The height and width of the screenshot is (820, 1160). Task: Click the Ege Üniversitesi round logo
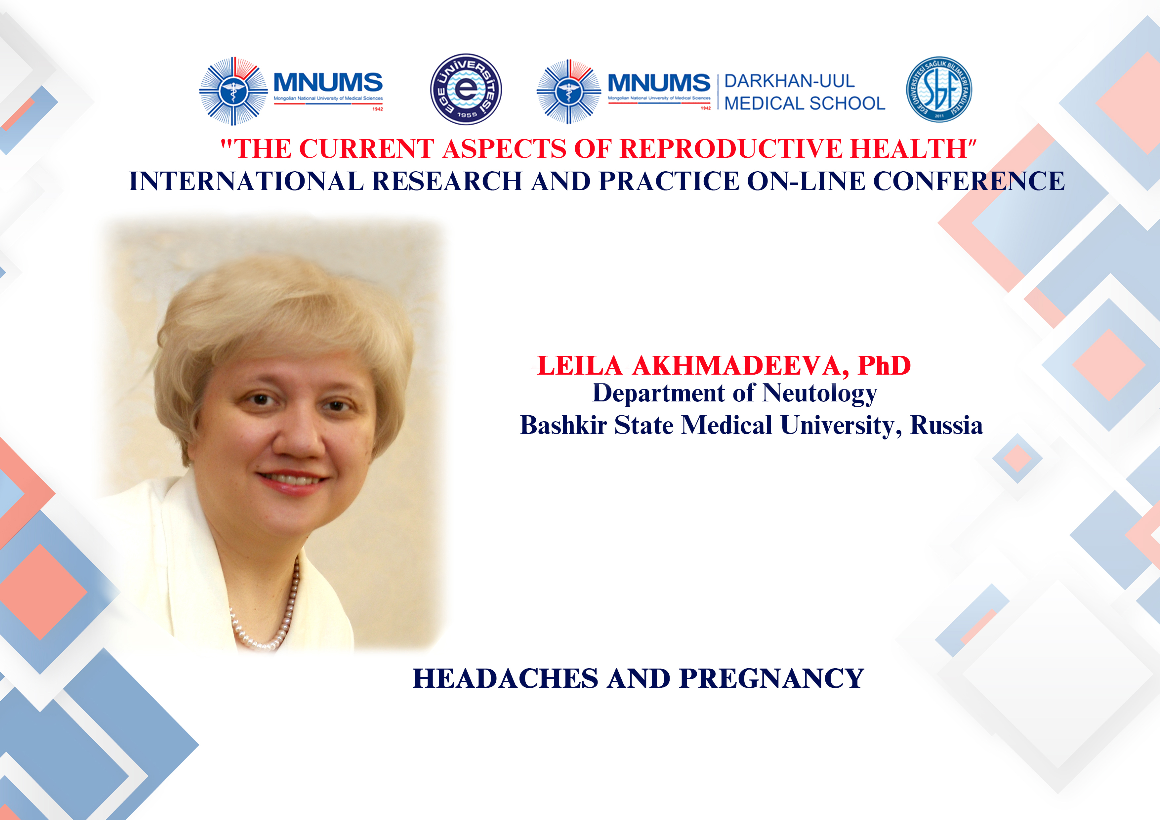[466, 89]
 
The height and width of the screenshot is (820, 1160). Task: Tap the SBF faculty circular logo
[939, 89]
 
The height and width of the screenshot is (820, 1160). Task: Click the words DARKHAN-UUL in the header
[789, 81]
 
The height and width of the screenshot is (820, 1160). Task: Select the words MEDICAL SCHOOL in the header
[804, 103]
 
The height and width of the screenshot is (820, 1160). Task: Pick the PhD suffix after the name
[884, 365]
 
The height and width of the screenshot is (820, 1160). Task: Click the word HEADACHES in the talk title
[505, 678]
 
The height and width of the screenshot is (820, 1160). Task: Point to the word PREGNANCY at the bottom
[771, 678]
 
